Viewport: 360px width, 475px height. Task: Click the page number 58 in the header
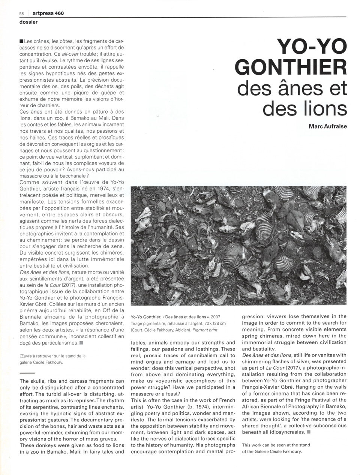(x=22, y=13)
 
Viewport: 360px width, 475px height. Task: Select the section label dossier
(x=28, y=22)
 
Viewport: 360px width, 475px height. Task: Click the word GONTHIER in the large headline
(x=292, y=69)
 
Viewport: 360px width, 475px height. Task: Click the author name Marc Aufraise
(x=327, y=126)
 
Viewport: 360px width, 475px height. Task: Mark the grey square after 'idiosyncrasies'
(x=309, y=432)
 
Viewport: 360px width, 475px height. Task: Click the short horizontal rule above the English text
(x=26, y=373)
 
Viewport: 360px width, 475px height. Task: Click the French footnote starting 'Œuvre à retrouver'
(x=52, y=359)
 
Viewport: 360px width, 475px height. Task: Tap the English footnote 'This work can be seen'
(x=276, y=448)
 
